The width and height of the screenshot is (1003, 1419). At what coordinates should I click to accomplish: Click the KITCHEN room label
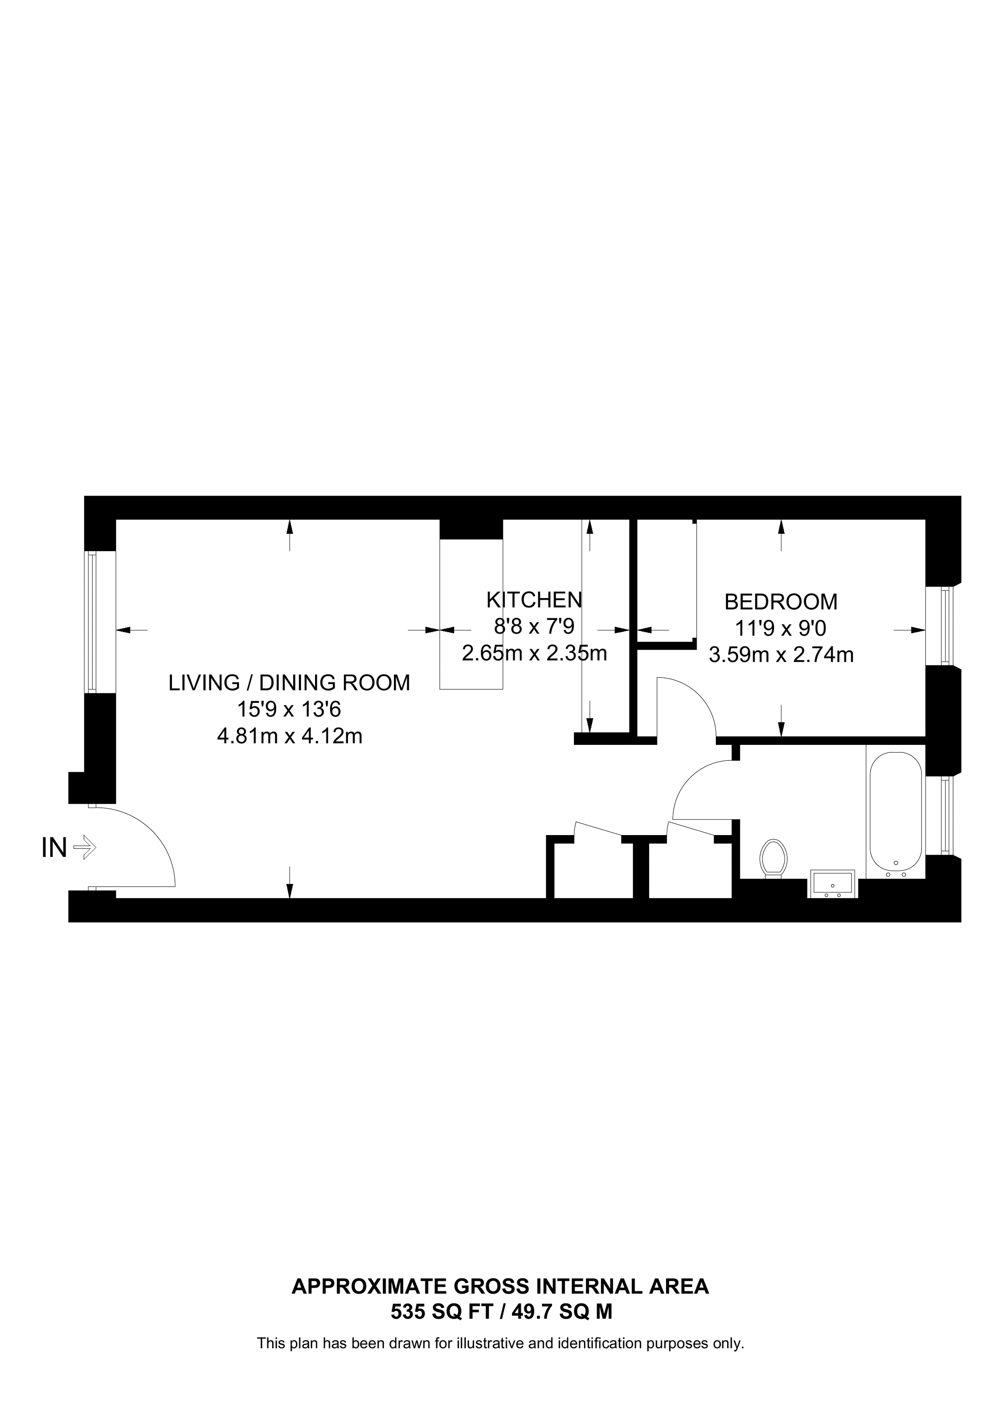pyautogui.click(x=534, y=599)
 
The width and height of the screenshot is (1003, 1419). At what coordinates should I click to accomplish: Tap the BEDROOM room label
pyautogui.click(x=781, y=601)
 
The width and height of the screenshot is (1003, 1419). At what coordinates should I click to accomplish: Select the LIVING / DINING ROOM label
pyautogui.click(x=289, y=683)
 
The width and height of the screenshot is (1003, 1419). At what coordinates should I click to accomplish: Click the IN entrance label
pyautogui.click(x=54, y=848)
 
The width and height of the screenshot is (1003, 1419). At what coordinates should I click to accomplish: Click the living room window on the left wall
pyautogui.click(x=92, y=622)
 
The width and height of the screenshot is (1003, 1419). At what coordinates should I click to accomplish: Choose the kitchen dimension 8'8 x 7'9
pyautogui.click(x=534, y=627)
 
